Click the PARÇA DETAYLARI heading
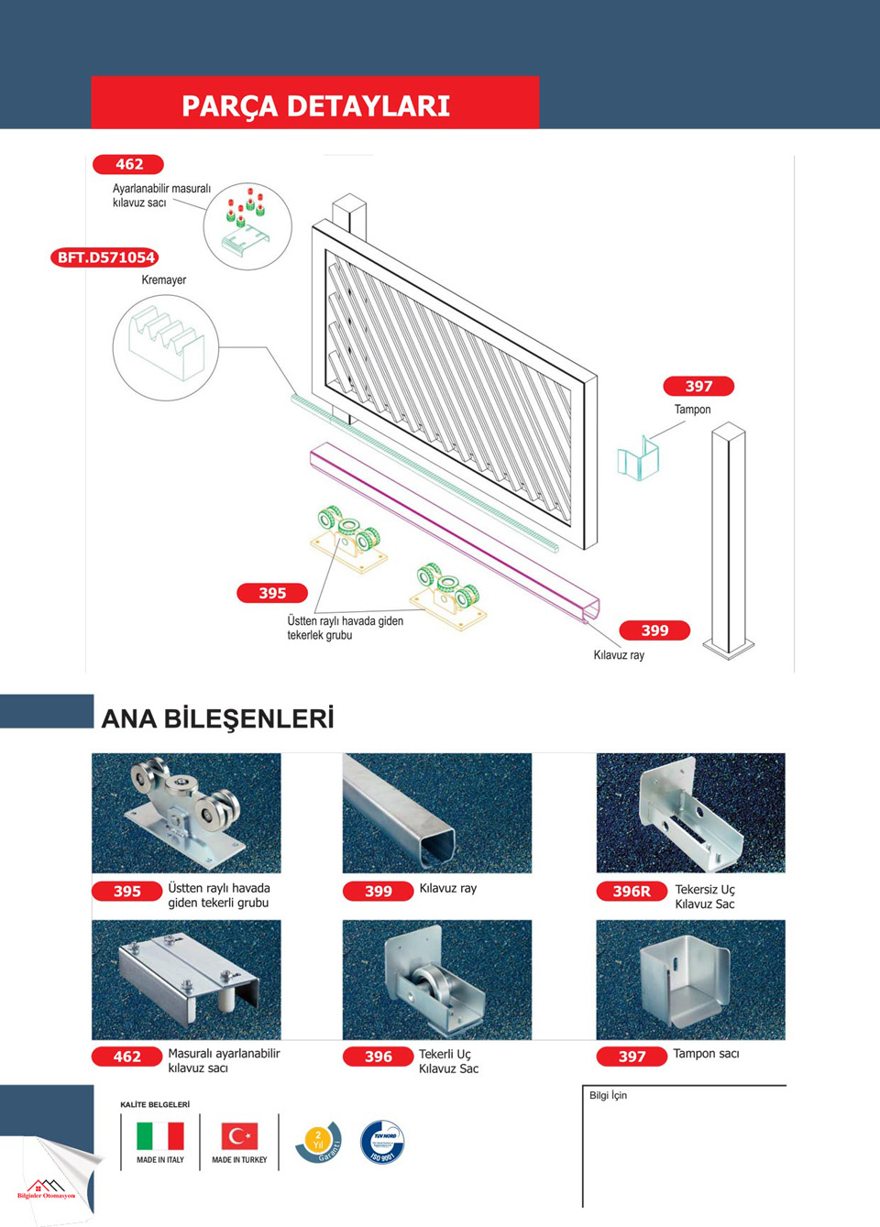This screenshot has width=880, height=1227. click(x=315, y=105)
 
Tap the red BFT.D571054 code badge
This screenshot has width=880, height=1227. click(x=105, y=257)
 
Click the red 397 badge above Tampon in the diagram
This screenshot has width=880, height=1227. click(x=698, y=386)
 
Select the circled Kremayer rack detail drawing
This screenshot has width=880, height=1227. click(x=166, y=347)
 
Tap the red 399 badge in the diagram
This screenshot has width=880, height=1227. click(x=654, y=630)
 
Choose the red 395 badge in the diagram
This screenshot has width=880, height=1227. click(x=272, y=593)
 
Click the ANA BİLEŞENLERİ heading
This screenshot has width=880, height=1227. click(x=217, y=718)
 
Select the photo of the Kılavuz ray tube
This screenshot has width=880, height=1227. click(x=437, y=813)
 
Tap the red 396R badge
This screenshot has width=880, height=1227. click(x=632, y=891)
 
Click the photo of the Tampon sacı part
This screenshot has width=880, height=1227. click(x=690, y=980)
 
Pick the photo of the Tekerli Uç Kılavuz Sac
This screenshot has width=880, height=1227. click(x=437, y=980)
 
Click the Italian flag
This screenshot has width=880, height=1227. click(x=160, y=1136)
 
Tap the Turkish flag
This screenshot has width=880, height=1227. click(x=239, y=1136)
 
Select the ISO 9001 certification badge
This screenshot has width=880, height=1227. click(x=382, y=1142)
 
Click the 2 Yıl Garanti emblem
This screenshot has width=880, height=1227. click(x=318, y=1142)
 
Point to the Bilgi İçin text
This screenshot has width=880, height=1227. click(x=609, y=1095)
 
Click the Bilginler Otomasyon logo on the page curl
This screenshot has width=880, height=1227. click(x=46, y=1189)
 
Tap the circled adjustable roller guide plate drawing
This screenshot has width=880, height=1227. click(x=247, y=226)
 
